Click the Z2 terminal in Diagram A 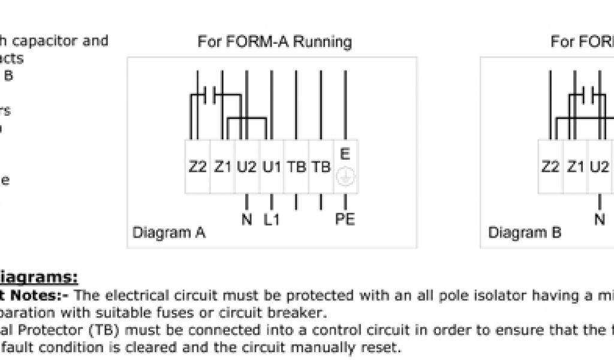[x=198, y=167]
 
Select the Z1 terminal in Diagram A [x=222, y=167]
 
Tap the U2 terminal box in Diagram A [x=247, y=167]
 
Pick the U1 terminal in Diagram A [x=272, y=167]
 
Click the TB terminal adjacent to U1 [x=296, y=167]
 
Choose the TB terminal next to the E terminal [x=321, y=167]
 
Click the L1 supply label [x=272, y=220]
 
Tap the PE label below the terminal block [x=345, y=220]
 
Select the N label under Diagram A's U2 [x=246, y=220]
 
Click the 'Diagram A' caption [x=168, y=233]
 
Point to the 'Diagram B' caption [x=525, y=233]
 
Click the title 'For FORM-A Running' [x=275, y=42]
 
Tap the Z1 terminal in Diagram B [x=575, y=167]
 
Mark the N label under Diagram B [x=600, y=220]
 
